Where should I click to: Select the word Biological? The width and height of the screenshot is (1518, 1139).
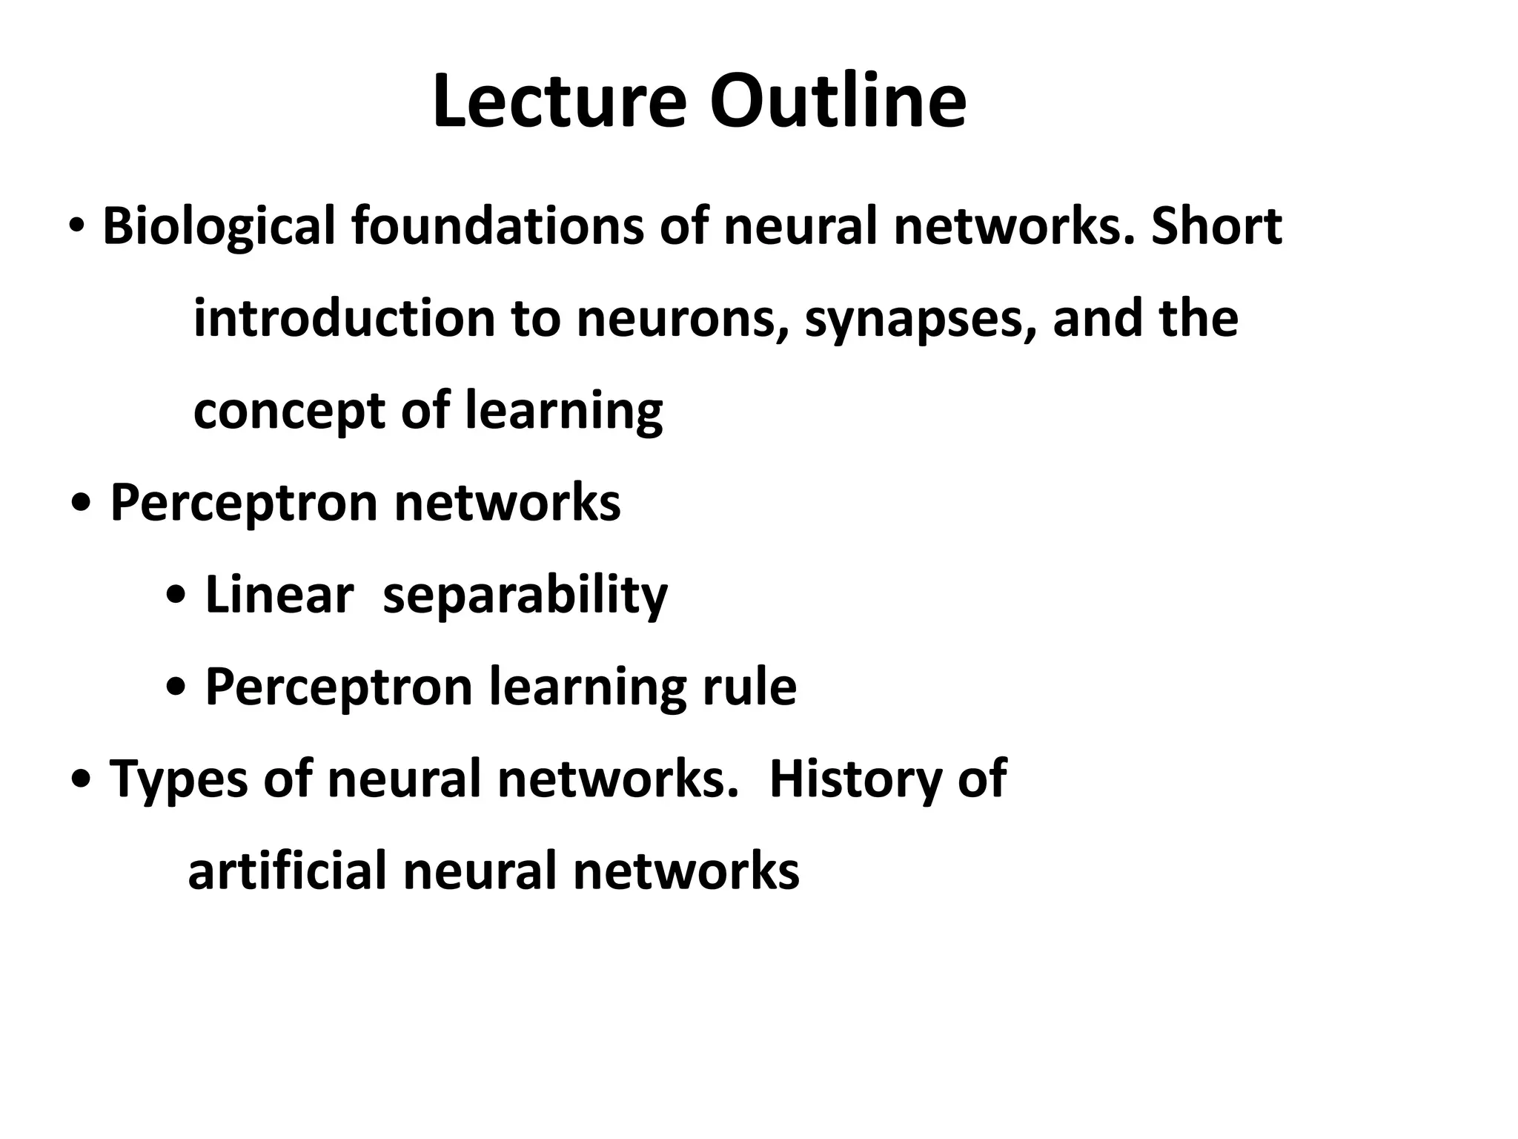point(219,226)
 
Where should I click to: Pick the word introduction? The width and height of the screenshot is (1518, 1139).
point(343,318)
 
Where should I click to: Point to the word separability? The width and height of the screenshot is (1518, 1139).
point(525,596)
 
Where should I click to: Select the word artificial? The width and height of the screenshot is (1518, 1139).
point(288,871)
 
